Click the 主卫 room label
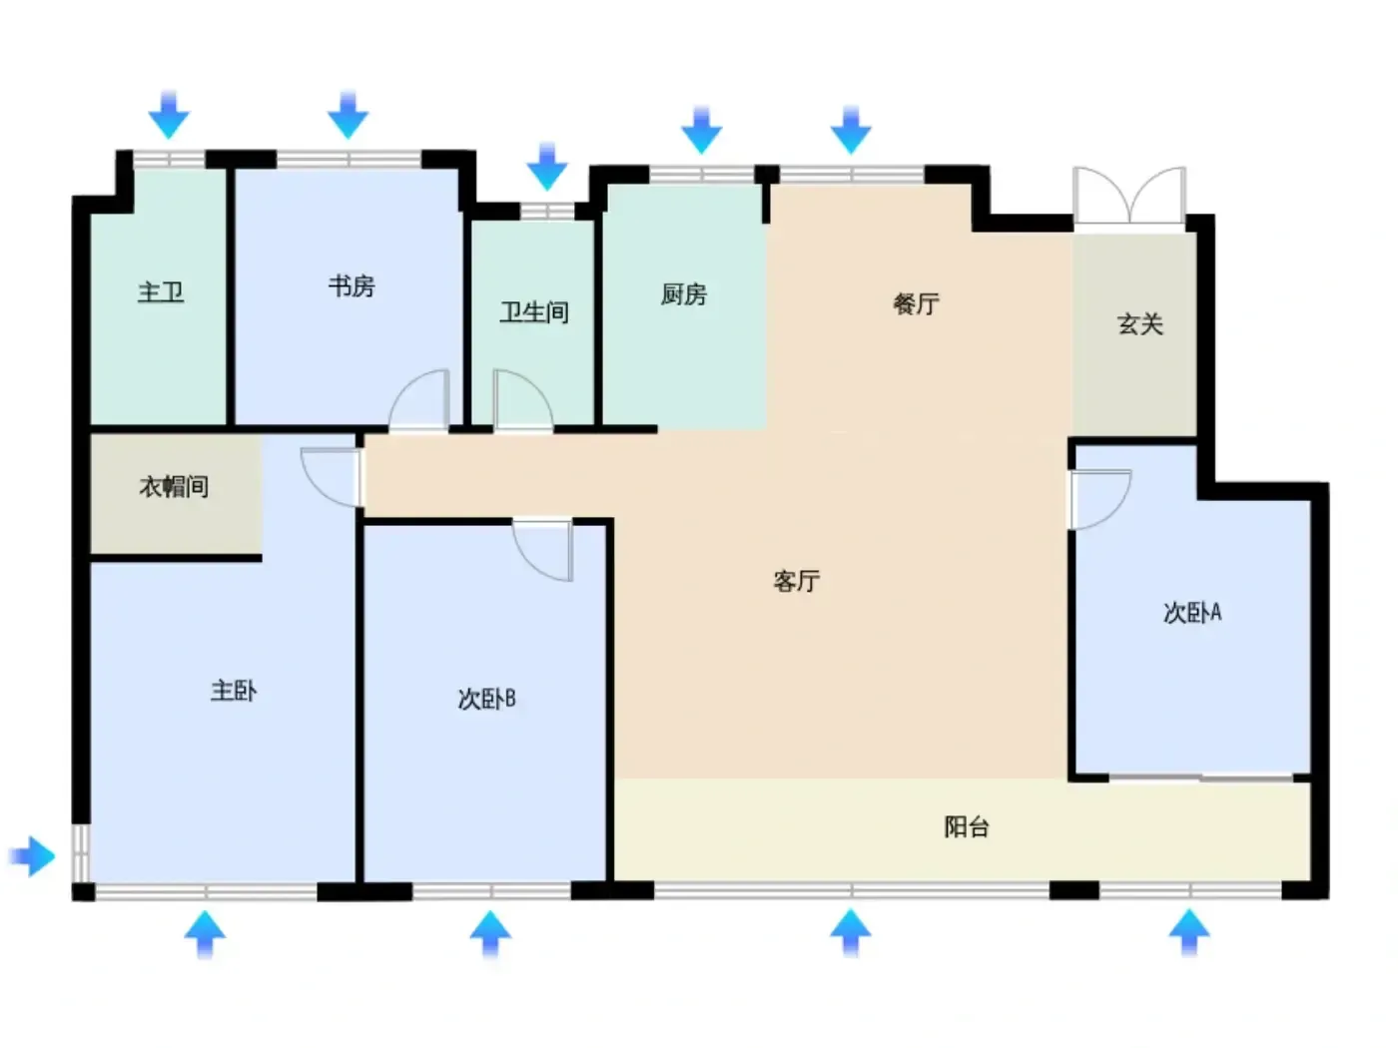(161, 292)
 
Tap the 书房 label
(351, 286)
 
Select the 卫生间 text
(533, 312)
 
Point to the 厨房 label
(683, 294)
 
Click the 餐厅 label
(916, 304)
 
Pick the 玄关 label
(1140, 324)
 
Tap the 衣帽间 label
(174, 487)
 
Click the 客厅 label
(797, 581)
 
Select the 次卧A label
(1192, 613)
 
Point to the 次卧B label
(486, 700)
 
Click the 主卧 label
(234, 691)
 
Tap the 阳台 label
(967, 827)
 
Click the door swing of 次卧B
(542, 550)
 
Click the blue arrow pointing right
(32, 856)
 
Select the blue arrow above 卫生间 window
(547, 167)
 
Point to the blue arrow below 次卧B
(490, 933)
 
